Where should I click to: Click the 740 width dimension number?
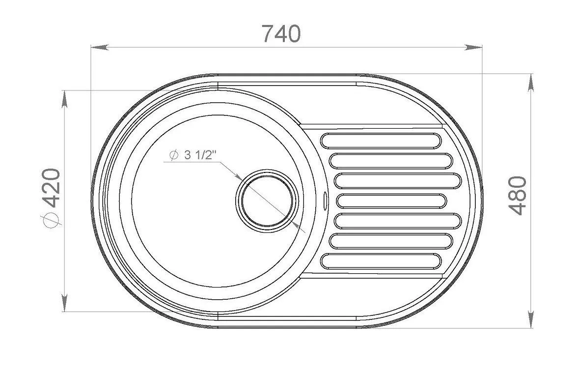tap(281, 34)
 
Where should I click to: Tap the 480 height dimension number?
tap(518, 196)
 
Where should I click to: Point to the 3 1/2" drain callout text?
tap(199, 155)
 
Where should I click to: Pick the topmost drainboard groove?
tap(381, 141)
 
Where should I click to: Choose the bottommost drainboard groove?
tap(381, 261)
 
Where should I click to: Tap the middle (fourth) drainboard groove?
tap(391, 201)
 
